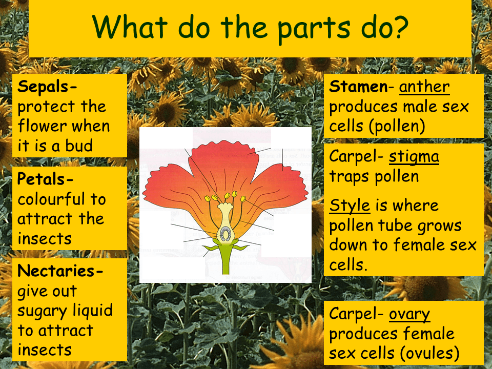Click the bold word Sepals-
tap(48, 86)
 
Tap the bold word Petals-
tap(46, 179)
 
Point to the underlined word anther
tap(424, 86)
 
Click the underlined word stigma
tap(414, 156)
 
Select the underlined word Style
tap(350, 205)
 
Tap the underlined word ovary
tap(409, 314)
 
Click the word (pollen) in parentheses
tap(397, 127)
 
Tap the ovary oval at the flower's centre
tap(224, 234)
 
